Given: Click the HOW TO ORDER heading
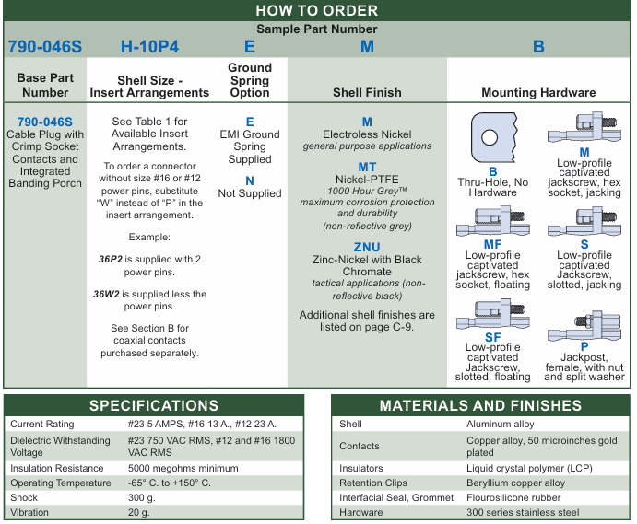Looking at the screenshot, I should click(x=316, y=10).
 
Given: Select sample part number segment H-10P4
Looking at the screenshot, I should click(x=149, y=46).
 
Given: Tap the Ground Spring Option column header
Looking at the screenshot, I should click(x=250, y=80).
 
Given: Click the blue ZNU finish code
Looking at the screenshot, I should click(x=366, y=247).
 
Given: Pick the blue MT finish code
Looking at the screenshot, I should click(x=367, y=167).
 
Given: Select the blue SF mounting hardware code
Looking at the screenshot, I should click(x=492, y=338).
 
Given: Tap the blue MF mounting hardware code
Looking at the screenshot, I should click(x=492, y=244).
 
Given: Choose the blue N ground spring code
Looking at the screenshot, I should click(x=250, y=180).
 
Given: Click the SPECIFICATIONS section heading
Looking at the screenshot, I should click(x=154, y=405).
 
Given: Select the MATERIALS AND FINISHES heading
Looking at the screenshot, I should click(x=480, y=405).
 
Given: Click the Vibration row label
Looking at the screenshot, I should click(x=31, y=513).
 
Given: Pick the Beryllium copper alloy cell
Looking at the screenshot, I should click(x=515, y=483).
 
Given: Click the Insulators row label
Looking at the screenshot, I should click(x=361, y=468).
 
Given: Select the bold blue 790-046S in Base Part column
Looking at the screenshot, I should click(x=44, y=122).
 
